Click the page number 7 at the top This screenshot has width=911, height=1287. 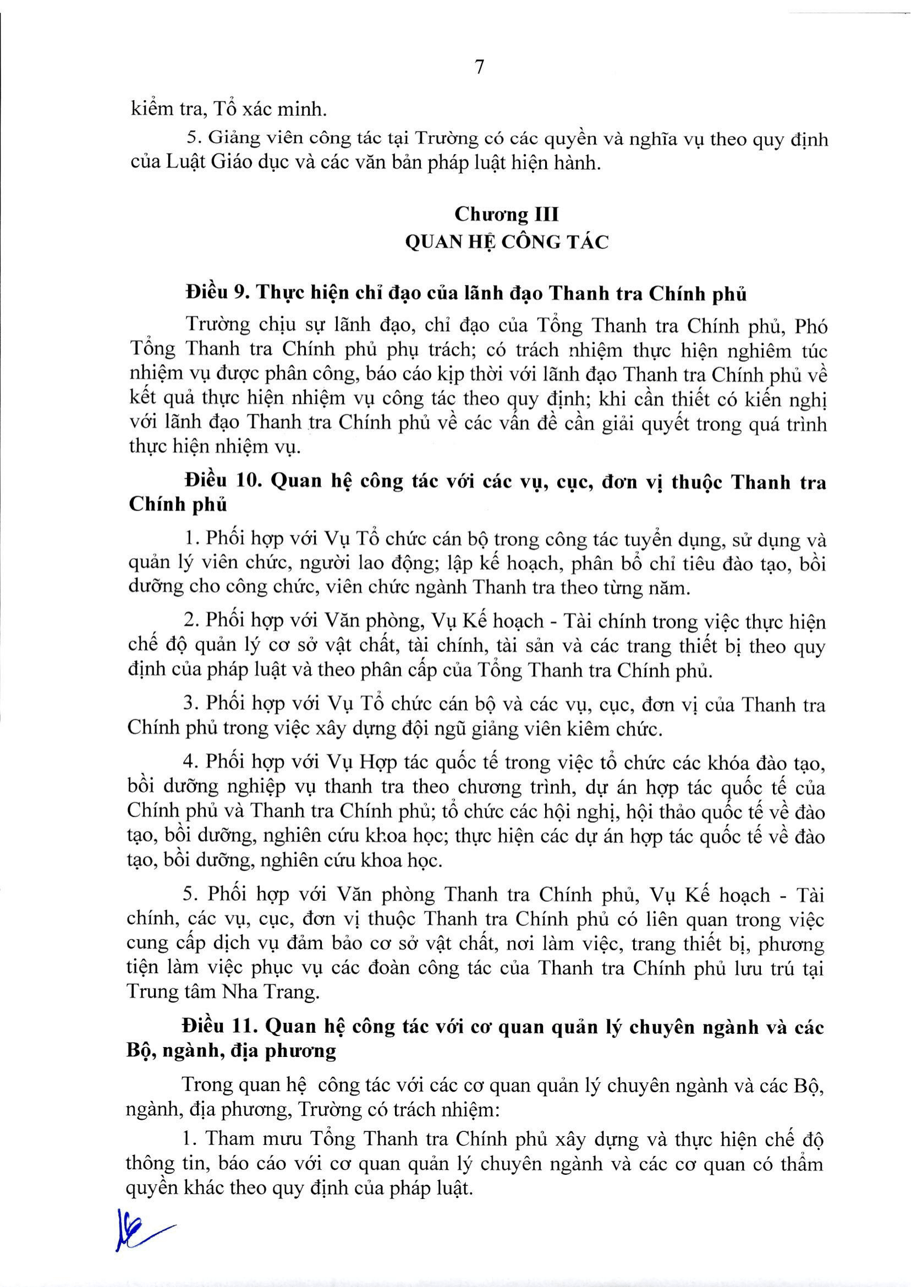(x=479, y=68)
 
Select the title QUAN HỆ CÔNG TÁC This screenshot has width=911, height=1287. (x=507, y=244)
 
